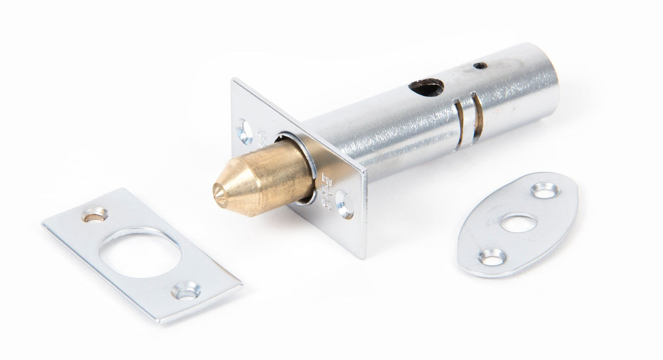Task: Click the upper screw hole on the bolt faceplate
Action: click(x=244, y=131)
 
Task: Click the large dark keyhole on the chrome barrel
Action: click(x=427, y=87)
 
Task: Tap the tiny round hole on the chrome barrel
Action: click(x=480, y=66)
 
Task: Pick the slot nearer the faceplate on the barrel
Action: click(x=458, y=124)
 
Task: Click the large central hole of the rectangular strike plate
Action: click(x=140, y=255)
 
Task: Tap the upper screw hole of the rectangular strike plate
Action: click(x=95, y=215)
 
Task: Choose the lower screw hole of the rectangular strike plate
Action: click(x=186, y=291)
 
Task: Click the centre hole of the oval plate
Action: click(x=518, y=222)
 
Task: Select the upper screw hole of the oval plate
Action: click(x=545, y=190)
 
